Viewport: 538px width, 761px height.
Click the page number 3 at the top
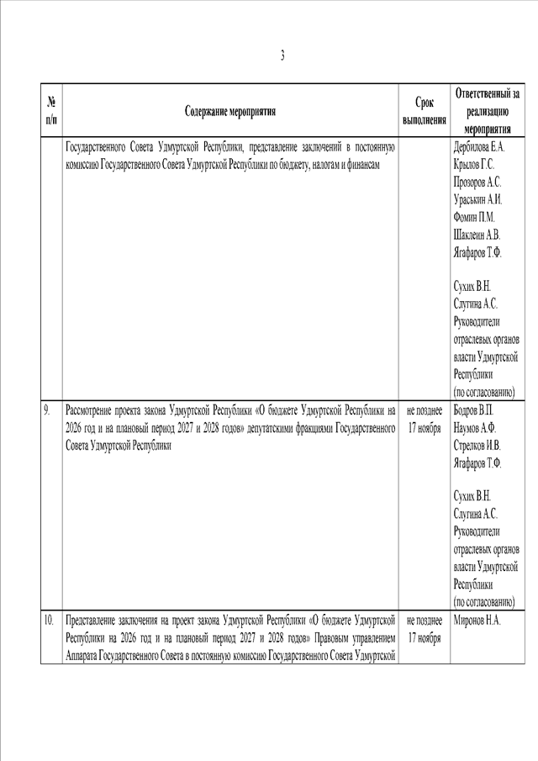tap(282, 56)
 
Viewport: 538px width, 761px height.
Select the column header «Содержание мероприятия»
tap(230, 111)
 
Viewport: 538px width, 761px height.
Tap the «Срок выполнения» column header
tap(425, 111)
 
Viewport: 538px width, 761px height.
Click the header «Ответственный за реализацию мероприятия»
tap(491, 111)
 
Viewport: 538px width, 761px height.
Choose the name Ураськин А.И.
tap(478, 200)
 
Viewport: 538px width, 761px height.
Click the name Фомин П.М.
tap(473, 217)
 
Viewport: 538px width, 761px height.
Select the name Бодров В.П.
tap(474, 410)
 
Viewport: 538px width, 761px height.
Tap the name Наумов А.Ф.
tap(475, 427)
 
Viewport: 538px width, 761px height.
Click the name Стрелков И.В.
tap(477, 445)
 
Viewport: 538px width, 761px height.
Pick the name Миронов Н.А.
tap(477, 621)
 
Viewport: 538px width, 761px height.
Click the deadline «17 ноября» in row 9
tap(425, 428)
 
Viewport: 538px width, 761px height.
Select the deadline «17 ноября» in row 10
tap(425, 639)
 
